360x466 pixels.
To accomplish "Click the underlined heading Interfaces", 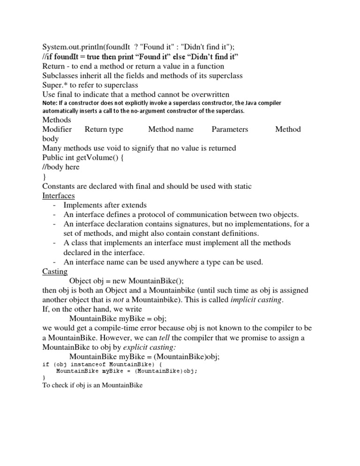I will pos(58,195).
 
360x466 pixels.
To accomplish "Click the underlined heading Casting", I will pos(55,271).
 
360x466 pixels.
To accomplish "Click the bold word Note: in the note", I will pos(50,103).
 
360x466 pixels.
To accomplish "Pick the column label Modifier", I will pos(57,129).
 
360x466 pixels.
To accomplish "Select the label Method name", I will pos(171,129).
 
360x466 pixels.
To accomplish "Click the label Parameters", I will pos(230,129).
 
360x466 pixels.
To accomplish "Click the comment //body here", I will pos(61,167).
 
